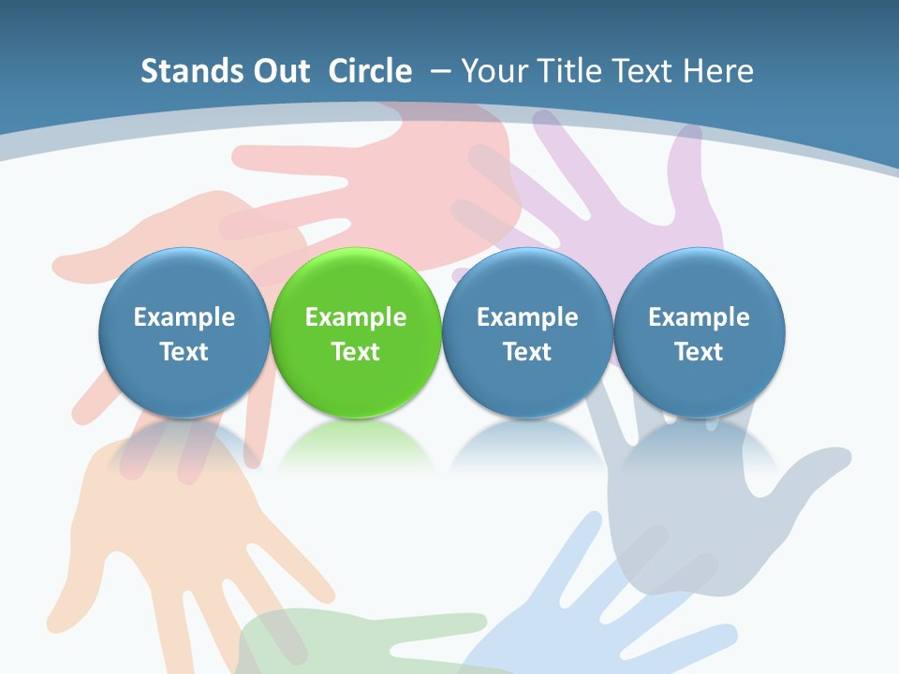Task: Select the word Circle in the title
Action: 370,71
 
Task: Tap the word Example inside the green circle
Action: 355,317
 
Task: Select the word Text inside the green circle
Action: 355,352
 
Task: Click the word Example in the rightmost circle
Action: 699,317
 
